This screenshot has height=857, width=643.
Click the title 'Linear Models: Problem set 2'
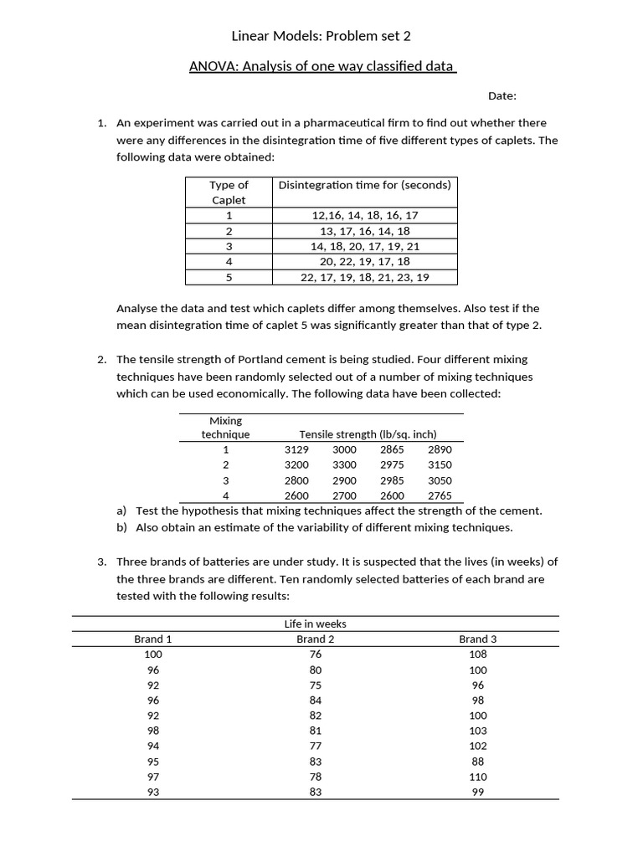(x=321, y=36)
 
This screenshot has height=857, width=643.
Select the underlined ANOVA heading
(x=322, y=66)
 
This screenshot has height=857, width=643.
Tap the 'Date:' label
(x=502, y=95)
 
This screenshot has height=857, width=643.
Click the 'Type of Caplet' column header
(x=229, y=192)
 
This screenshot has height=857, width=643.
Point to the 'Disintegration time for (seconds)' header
(x=364, y=185)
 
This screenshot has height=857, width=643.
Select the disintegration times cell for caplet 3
(x=364, y=246)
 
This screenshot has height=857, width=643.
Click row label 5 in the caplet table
(x=229, y=277)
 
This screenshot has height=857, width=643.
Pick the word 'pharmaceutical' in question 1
(x=321, y=122)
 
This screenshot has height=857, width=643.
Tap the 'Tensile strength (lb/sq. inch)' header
(x=368, y=434)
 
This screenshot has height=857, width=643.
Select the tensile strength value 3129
(x=296, y=449)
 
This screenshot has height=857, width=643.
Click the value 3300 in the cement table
(x=344, y=464)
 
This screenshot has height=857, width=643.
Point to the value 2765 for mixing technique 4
(x=440, y=495)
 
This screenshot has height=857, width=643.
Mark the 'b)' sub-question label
(x=122, y=527)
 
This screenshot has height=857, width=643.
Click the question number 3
(x=101, y=562)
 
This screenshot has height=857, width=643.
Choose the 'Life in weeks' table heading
(x=315, y=624)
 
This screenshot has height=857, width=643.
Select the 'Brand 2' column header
(x=315, y=639)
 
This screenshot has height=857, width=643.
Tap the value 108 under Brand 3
(x=477, y=654)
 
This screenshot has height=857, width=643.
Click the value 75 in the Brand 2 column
(x=315, y=685)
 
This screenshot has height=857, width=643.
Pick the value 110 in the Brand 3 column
(x=477, y=777)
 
